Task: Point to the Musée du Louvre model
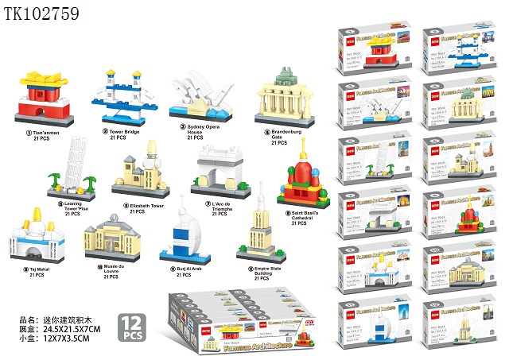[x=111, y=239]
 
